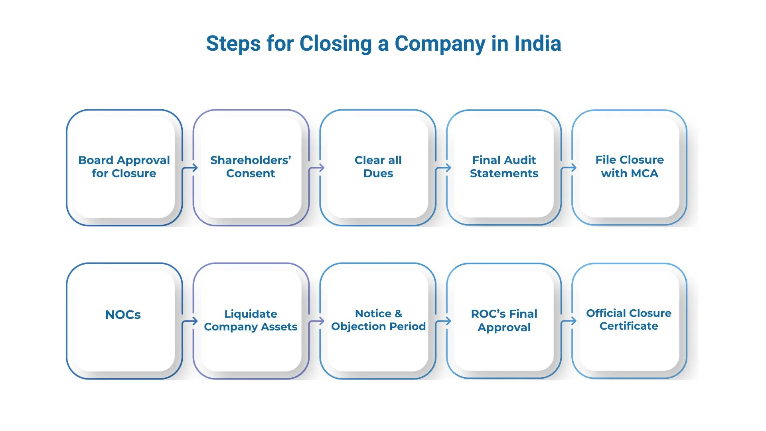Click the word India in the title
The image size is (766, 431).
[x=537, y=43]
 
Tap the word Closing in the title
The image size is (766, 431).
[x=336, y=43]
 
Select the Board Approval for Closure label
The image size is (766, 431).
[x=124, y=166]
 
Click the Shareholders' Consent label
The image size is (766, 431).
[x=251, y=166]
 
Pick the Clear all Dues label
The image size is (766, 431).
[x=378, y=166]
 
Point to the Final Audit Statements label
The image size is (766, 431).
[x=504, y=166]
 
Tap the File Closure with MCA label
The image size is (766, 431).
[x=630, y=166]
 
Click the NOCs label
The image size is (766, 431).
[x=123, y=314]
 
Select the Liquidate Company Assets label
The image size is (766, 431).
[x=251, y=320]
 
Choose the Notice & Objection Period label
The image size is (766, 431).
[x=378, y=320]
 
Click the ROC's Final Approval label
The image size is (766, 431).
[x=504, y=320]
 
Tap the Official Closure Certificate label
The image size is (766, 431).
[x=629, y=319]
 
